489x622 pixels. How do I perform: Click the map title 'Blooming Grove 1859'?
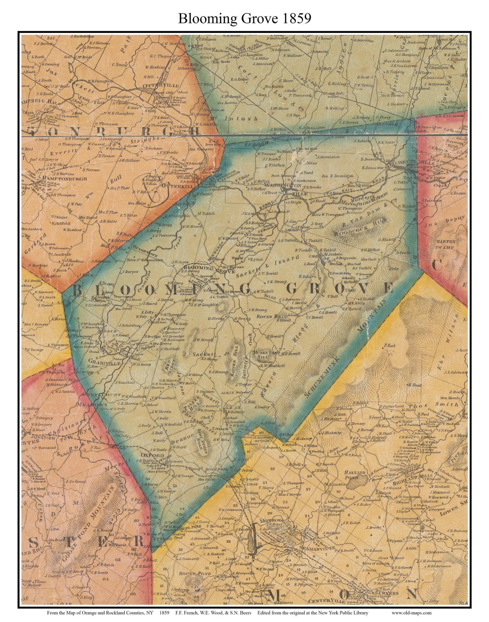pyautogui.click(x=244, y=19)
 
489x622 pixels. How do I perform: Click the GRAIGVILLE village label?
pyautogui.click(x=93, y=361)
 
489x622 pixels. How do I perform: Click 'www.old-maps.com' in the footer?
pyautogui.click(x=411, y=613)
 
